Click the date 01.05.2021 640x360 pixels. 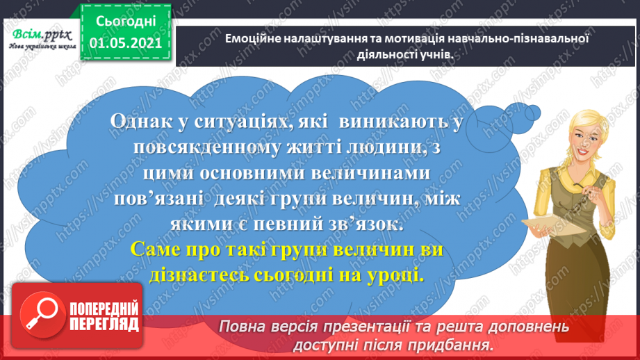point(126,43)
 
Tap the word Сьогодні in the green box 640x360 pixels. point(126,22)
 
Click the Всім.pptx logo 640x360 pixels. point(42,39)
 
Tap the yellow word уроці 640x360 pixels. point(396,276)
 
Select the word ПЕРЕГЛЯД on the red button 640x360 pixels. point(104,325)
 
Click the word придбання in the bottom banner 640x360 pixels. point(454,345)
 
